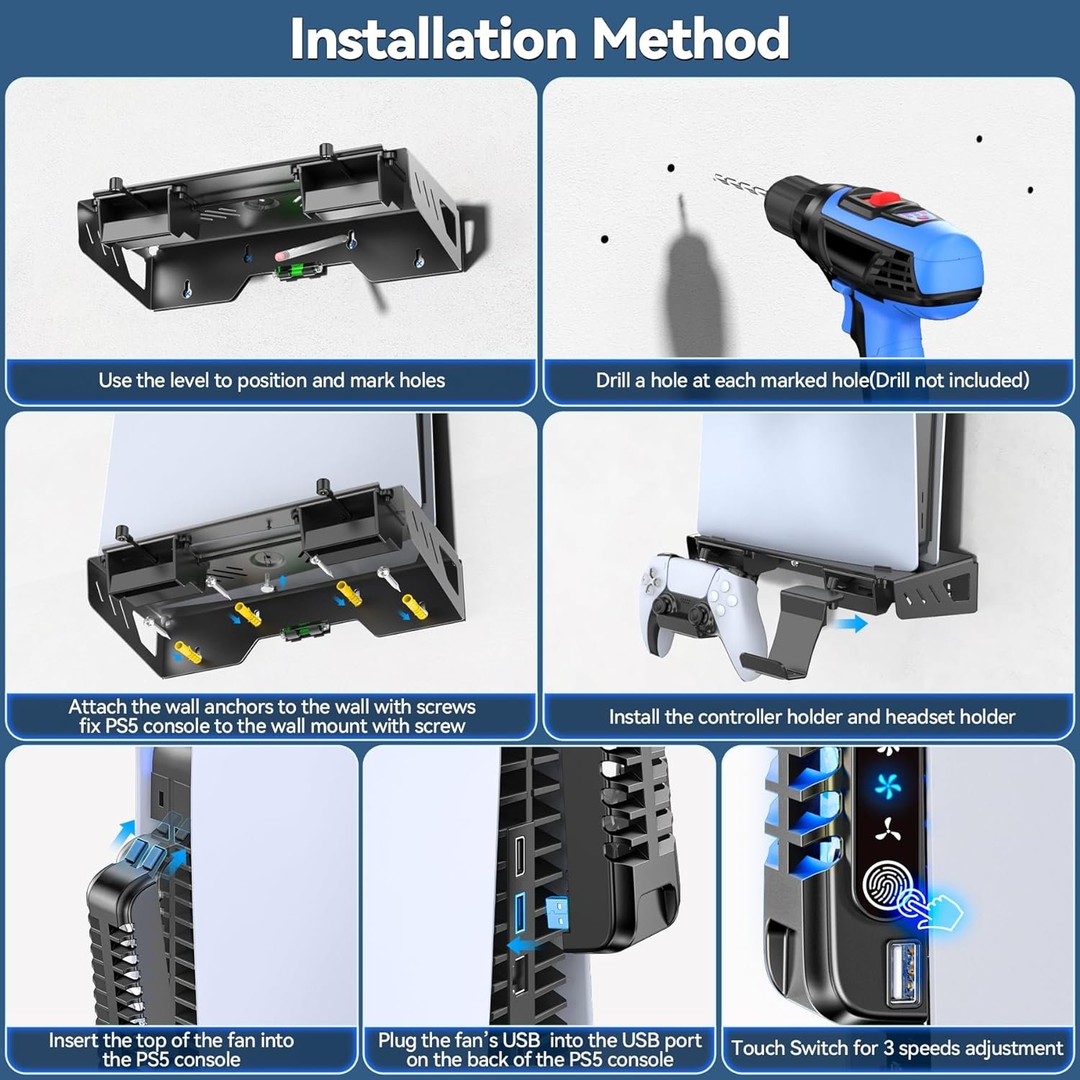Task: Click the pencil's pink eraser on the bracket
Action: pyautogui.click(x=282, y=256)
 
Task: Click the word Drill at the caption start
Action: pyautogui.click(x=613, y=380)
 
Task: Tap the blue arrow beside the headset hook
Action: pyautogui.click(x=852, y=624)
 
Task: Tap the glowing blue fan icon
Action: pyautogui.click(x=888, y=786)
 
